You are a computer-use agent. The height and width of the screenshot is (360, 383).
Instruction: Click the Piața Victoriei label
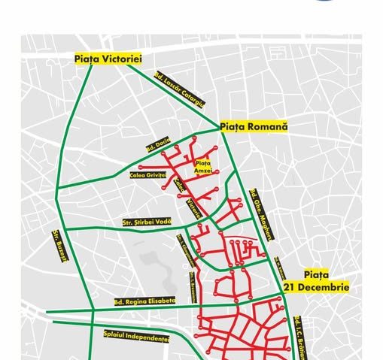[108, 59]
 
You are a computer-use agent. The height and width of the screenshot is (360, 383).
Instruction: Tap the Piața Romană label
[254, 127]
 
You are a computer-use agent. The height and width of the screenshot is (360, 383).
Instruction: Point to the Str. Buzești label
[59, 245]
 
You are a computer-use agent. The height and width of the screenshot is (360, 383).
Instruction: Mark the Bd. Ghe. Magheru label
[263, 214]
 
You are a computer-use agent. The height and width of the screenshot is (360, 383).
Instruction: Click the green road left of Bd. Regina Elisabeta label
[68, 310]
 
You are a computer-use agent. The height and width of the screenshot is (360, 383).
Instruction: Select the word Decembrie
[327, 287]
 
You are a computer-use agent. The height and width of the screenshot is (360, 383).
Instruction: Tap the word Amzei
[204, 172]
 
